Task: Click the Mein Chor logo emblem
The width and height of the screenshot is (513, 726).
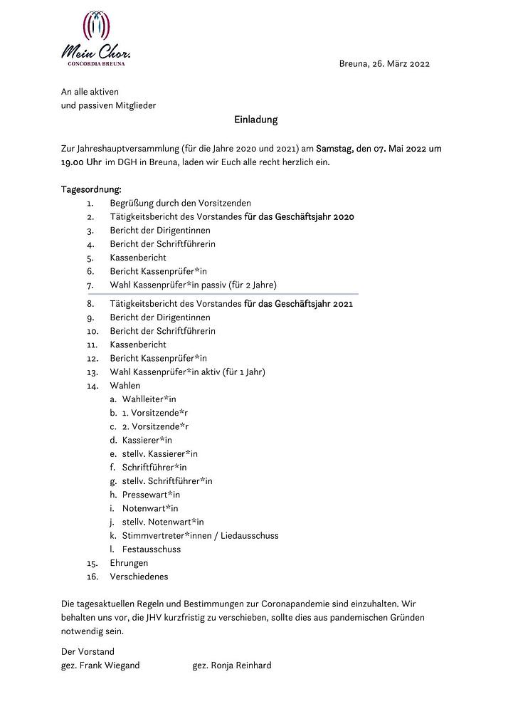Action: coord(97,27)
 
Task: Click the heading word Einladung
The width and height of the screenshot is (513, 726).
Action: coord(256,120)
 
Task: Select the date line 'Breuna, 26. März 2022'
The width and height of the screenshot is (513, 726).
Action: coord(384,64)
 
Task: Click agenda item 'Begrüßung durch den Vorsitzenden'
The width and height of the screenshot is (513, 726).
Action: coord(180,203)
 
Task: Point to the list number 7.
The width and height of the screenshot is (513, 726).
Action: coord(90,285)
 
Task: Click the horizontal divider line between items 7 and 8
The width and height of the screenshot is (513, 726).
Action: coord(221,294)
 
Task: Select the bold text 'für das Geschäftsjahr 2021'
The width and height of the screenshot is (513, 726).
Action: coord(299,304)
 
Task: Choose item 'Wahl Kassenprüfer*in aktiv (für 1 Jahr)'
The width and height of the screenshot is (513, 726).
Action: coord(187,372)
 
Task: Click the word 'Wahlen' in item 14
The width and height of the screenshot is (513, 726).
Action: coord(125,385)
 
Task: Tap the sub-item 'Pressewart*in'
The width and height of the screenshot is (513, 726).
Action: coord(151,495)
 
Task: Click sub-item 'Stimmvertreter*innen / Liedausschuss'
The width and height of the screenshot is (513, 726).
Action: coord(200,535)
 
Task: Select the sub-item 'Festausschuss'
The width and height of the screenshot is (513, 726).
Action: coord(152,549)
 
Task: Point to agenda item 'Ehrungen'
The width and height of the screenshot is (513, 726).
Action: coord(129,562)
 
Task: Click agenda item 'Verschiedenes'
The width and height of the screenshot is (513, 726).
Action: coord(139,577)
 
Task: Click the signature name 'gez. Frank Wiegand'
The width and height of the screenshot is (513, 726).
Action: coord(100,665)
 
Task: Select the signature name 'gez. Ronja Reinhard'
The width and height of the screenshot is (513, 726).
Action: coord(231,665)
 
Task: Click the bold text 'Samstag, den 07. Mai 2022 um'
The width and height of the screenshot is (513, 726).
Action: coord(379,148)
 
